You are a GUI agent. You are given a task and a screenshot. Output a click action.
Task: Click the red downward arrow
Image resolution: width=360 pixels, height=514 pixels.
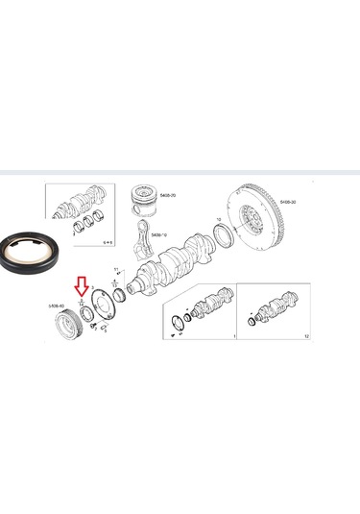(81, 285)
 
